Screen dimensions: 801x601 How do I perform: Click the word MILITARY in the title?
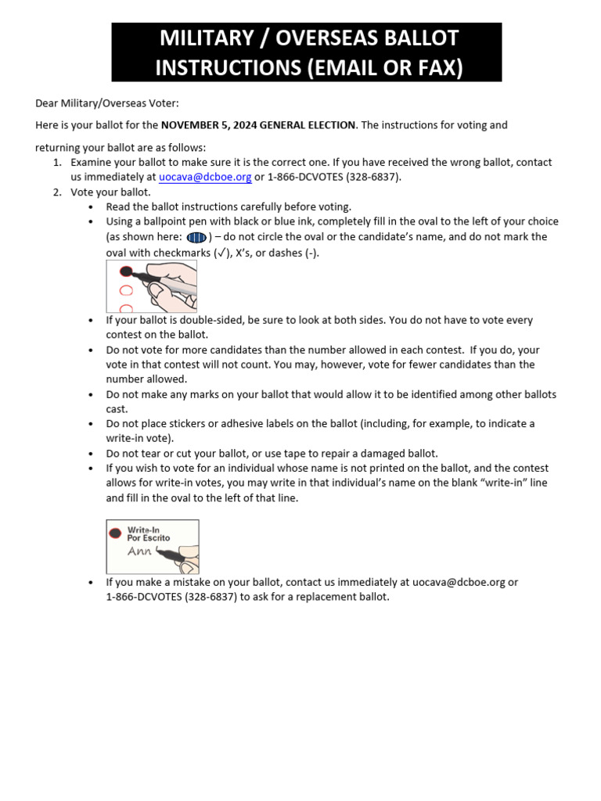[x=200, y=38]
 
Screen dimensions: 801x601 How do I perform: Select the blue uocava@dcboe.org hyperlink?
[x=205, y=177]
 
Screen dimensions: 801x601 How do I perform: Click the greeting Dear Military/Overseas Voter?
[x=107, y=102]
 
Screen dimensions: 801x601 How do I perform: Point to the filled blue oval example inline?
[x=196, y=237]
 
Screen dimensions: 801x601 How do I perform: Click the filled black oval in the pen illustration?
[x=125, y=271]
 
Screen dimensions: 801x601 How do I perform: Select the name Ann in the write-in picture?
[x=140, y=551]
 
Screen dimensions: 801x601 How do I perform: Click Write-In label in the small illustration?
[x=143, y=530]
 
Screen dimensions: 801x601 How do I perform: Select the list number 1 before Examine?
[x=56, y=163]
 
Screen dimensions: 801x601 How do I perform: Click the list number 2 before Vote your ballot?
[x=56, y=192]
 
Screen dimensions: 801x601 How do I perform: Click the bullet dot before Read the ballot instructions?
[x=92, y=207]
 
